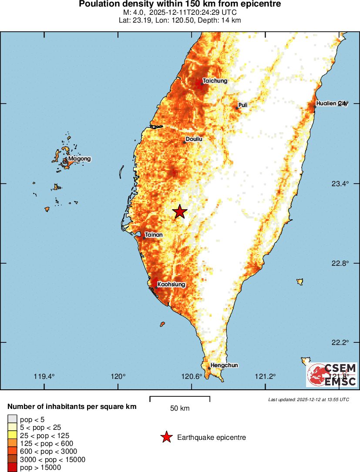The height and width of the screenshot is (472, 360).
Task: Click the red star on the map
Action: (x=179, y=212)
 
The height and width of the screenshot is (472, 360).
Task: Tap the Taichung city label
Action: (x=215, y=80)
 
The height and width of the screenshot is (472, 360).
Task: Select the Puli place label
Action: (x=243, y=105)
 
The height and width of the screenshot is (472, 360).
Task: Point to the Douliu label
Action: (x=194, y=139)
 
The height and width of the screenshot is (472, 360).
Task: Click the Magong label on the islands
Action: (x=79, y=159)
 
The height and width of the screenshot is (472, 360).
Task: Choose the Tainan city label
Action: (x=154, y=235)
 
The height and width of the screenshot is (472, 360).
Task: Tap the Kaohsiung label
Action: (x=171, y=285)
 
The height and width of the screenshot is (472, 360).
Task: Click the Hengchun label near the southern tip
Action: (x=224, y=365)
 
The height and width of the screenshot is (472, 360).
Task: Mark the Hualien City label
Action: (x=332, y=103)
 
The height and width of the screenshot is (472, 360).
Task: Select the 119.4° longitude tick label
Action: (x=44, y=377)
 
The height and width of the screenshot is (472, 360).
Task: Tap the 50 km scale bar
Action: (x=180, y=398)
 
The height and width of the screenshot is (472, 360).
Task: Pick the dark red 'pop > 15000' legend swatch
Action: (x=12, y=468)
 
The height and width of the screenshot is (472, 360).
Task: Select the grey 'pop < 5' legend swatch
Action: (x=12, y=419)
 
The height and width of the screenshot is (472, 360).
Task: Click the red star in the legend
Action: (x=166, y=437)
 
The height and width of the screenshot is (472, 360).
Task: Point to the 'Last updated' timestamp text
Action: (x=308, y=399)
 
